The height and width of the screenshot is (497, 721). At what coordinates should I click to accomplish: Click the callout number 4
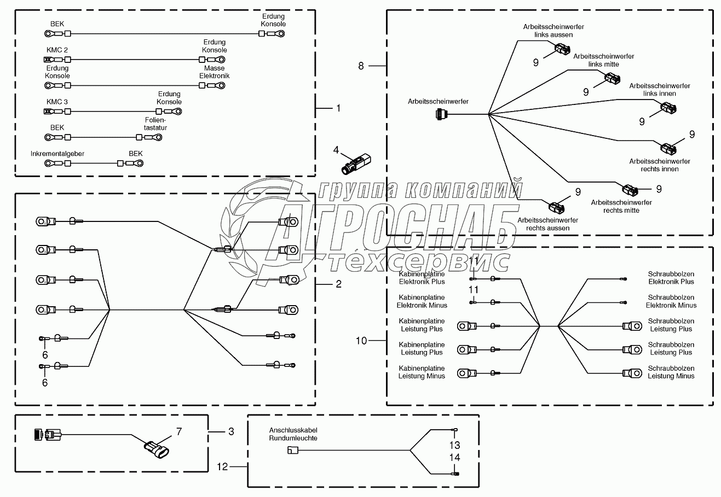(x=336, y=150)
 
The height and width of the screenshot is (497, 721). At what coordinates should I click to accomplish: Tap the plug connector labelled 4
(x=356, y=163)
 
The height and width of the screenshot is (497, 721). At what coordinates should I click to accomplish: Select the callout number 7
(x=179, y=431)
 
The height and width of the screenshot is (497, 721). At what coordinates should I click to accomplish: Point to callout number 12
(x=222, y=466)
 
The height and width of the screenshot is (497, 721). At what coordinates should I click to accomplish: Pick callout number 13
(x=454, y=445)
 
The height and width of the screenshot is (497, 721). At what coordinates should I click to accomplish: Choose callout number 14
(x=454, y=458)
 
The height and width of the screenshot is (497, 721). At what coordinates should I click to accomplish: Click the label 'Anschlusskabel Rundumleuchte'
(x=293, y=434)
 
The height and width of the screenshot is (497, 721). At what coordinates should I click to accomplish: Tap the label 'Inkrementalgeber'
(x=57, y=154)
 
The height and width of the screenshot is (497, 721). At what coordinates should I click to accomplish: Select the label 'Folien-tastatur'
(x=155, y=124)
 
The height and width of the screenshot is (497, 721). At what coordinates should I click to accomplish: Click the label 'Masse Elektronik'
(x=215, y=72)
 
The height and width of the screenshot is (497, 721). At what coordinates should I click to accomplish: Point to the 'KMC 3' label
(x=57, y=102)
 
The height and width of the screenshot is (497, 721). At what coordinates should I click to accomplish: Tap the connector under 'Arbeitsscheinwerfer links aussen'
(x=562, y=50)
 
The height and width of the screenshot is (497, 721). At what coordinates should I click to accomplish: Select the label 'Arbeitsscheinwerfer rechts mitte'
(x=621, y=206)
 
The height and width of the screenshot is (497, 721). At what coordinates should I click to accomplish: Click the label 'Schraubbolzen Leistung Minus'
(x=671, y=372)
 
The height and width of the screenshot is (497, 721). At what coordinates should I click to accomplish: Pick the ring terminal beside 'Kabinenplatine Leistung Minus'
(x=467, y=373)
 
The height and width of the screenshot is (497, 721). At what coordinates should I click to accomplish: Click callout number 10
(x=361, y=341)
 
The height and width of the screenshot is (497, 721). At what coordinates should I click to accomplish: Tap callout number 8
(x=361, y=66)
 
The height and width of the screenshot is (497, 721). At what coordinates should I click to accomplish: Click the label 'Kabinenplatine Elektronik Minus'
(x=422, y=301)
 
